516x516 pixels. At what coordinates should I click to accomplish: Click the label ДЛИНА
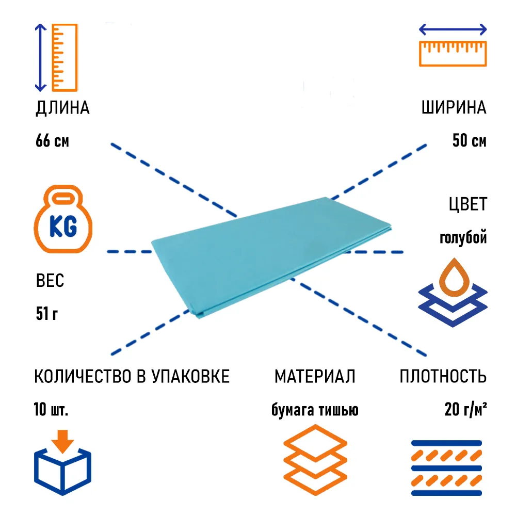62,108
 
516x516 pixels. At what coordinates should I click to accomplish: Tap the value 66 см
52,141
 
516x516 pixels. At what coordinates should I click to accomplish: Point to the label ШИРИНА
454,108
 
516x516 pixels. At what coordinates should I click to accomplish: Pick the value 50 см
469,141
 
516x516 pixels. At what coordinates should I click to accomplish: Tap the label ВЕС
50,282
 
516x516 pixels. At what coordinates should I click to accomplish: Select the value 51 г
46,313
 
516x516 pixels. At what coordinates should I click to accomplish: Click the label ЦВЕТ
467,204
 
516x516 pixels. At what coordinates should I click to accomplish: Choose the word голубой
463,237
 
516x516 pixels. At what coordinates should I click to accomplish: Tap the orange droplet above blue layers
453,279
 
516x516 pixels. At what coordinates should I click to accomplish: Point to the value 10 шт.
51,410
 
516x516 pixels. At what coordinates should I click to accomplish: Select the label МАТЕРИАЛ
315,377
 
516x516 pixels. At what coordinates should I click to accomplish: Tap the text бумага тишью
315,410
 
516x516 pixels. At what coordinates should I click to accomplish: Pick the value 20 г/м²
466,410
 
